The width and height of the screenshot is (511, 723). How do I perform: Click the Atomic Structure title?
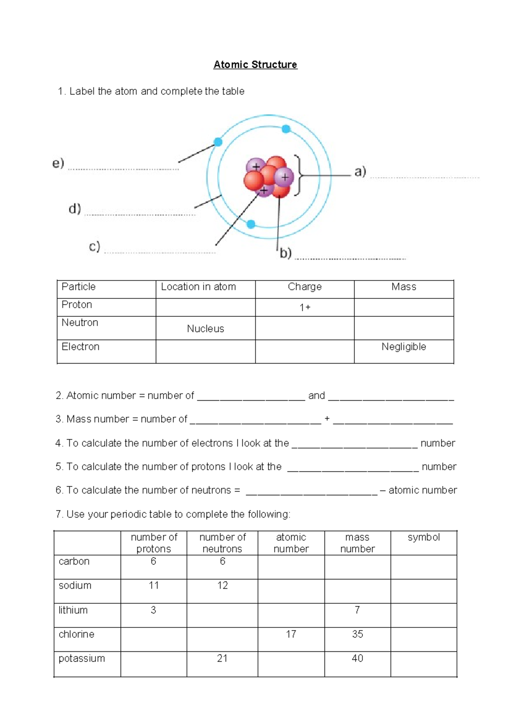click(x=255, y=65)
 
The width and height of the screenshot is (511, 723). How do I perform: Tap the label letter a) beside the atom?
click(x=360, y=171)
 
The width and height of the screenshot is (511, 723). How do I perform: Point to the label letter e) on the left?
click(x=58, y=163)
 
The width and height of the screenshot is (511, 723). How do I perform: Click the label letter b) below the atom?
click(x=285, y=253)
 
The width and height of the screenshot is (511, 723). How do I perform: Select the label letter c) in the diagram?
click(x=95, y=246)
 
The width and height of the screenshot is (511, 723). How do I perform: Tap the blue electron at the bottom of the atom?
click(x=251, y=224)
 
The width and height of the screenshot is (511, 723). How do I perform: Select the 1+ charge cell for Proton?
click(x=305, y=307)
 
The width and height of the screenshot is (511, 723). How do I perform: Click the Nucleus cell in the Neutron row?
click(x=205, y=329)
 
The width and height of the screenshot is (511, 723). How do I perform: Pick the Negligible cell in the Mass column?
click(x=404, y=347)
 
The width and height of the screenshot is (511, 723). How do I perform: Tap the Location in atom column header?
click(x=198, y=287)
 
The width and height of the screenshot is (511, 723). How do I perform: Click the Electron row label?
click(x=80, y=347)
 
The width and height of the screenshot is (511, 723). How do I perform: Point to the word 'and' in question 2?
click(x=316, y=396)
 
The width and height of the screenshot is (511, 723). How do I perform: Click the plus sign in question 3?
click(x=327, y=419)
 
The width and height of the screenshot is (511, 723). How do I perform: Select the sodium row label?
click(x=75, y=585)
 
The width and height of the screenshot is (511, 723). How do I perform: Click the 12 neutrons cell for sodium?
click(x=222, y=585)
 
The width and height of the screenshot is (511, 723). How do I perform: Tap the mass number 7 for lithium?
click(x=357, y=610)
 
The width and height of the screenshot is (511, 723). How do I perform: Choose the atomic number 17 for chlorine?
click(x=291, y=634)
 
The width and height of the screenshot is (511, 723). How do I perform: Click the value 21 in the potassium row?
click(x=222, y=658)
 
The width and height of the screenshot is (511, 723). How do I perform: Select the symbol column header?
click(x=423, y=537)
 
